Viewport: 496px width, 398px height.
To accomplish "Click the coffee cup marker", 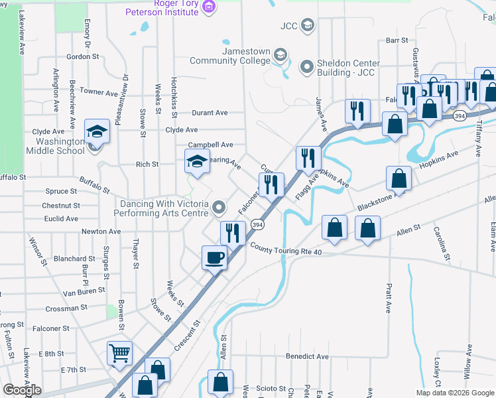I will point(214,257).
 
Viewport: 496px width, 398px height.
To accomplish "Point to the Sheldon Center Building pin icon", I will point(306,66).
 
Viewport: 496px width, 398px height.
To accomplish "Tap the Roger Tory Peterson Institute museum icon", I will point(210,7).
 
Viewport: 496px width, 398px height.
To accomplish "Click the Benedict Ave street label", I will point(307,356).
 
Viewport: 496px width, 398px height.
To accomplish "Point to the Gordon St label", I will point(82,57).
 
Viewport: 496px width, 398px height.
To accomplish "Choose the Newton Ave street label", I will point(101,232).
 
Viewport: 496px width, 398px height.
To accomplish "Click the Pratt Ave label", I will point(388,298).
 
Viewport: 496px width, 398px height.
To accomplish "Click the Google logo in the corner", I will point(22,390).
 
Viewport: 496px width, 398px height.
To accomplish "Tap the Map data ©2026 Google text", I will point(454,393).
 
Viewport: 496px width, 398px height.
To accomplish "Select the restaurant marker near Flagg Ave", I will point(308,158).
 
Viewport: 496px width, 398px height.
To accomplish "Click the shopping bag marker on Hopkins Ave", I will point(399,178).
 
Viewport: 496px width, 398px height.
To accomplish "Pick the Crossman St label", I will point(66,309).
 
